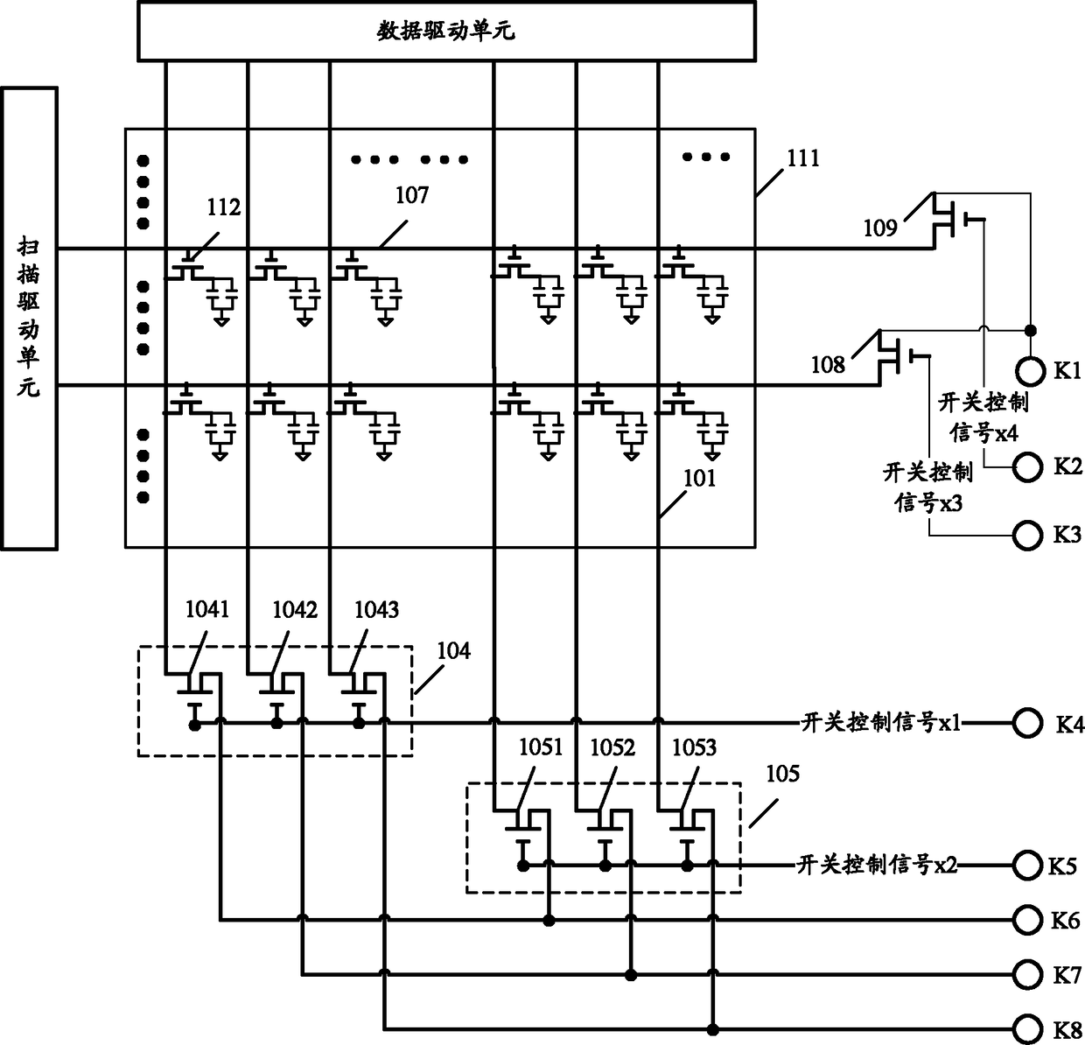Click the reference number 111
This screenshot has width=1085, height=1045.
pos(803,159)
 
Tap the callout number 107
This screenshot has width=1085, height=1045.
pos(412,195)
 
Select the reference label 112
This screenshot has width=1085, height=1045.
pos(224,207)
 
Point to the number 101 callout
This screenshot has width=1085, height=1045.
pos(699,479)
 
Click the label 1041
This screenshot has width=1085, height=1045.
pos(206,609)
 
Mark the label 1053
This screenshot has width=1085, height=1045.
pos(694,747)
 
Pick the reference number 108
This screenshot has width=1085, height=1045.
pos(828,365)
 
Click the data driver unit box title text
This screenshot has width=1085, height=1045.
pos(446,32)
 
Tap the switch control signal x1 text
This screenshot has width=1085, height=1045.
pos(881,723)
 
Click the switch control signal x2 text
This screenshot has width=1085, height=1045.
pos(877,865)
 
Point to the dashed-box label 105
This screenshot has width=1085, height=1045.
pos(783,774)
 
